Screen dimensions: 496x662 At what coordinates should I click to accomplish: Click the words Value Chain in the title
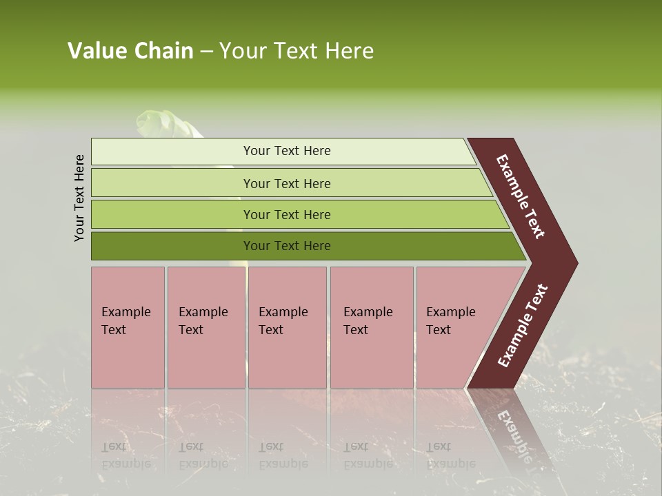click(130, 51)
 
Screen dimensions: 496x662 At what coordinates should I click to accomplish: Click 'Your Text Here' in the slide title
click(297, 51)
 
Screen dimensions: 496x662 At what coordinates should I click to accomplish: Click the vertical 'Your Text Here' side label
click(79, 198)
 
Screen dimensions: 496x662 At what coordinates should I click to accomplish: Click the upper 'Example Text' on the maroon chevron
click(521, 196)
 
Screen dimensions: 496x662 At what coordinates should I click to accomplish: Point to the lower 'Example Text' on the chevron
click(522, 326)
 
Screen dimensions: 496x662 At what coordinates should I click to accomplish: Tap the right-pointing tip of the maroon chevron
click(573, 262)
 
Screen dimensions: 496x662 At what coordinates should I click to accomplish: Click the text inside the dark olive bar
click(287, 246)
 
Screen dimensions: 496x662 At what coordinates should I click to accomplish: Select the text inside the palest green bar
click(287, 151)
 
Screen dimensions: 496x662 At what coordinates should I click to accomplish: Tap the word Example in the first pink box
click(126, 312)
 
